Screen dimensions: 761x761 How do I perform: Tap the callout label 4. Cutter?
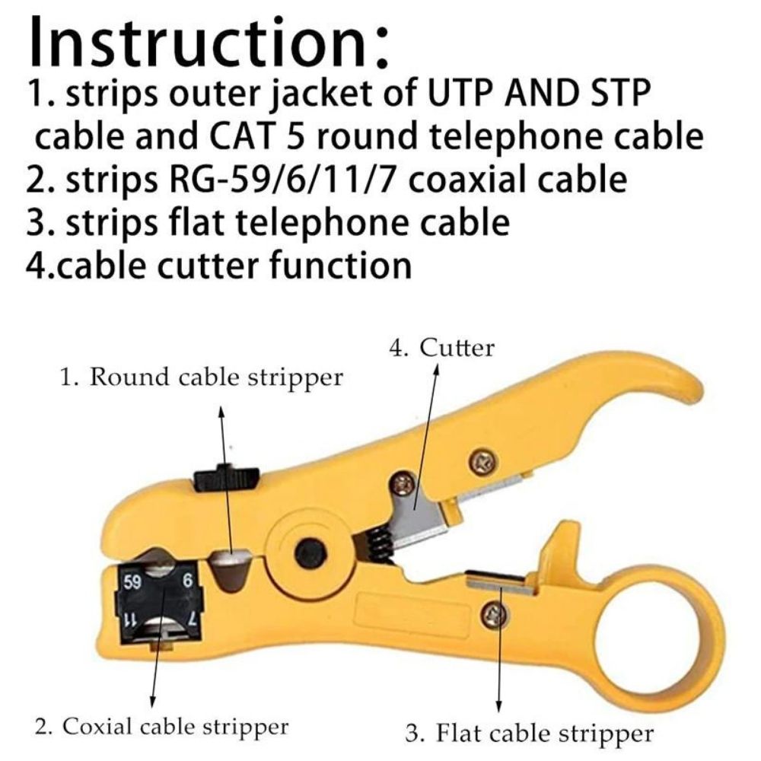click(x=441, y=349)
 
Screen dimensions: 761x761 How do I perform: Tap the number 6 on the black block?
click(x=187, y=579)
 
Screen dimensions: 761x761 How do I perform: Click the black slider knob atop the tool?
click(x=226, y=478)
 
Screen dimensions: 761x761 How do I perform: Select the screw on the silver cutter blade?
click(x=404, y=482)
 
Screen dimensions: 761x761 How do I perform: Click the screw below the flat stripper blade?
click(x=495, y=614)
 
